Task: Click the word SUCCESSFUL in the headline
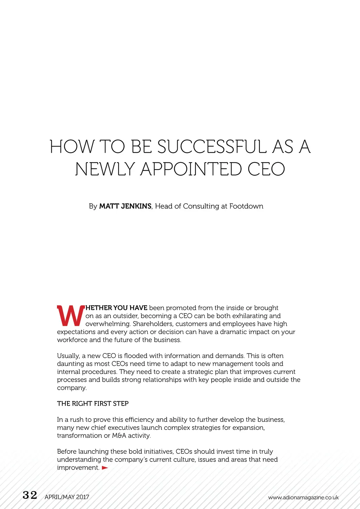point(212,147)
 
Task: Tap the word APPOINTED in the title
point(191,169)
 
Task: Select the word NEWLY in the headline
point(105,169)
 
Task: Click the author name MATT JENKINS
point(125,206)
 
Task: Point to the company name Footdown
point(246,206)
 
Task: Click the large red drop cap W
point(70,316)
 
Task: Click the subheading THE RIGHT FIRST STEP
point(93,403)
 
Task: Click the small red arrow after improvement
point(105,468)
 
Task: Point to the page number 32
point(30,495)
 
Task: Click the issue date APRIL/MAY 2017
point(67,497)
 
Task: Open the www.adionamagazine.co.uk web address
point(303,497)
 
